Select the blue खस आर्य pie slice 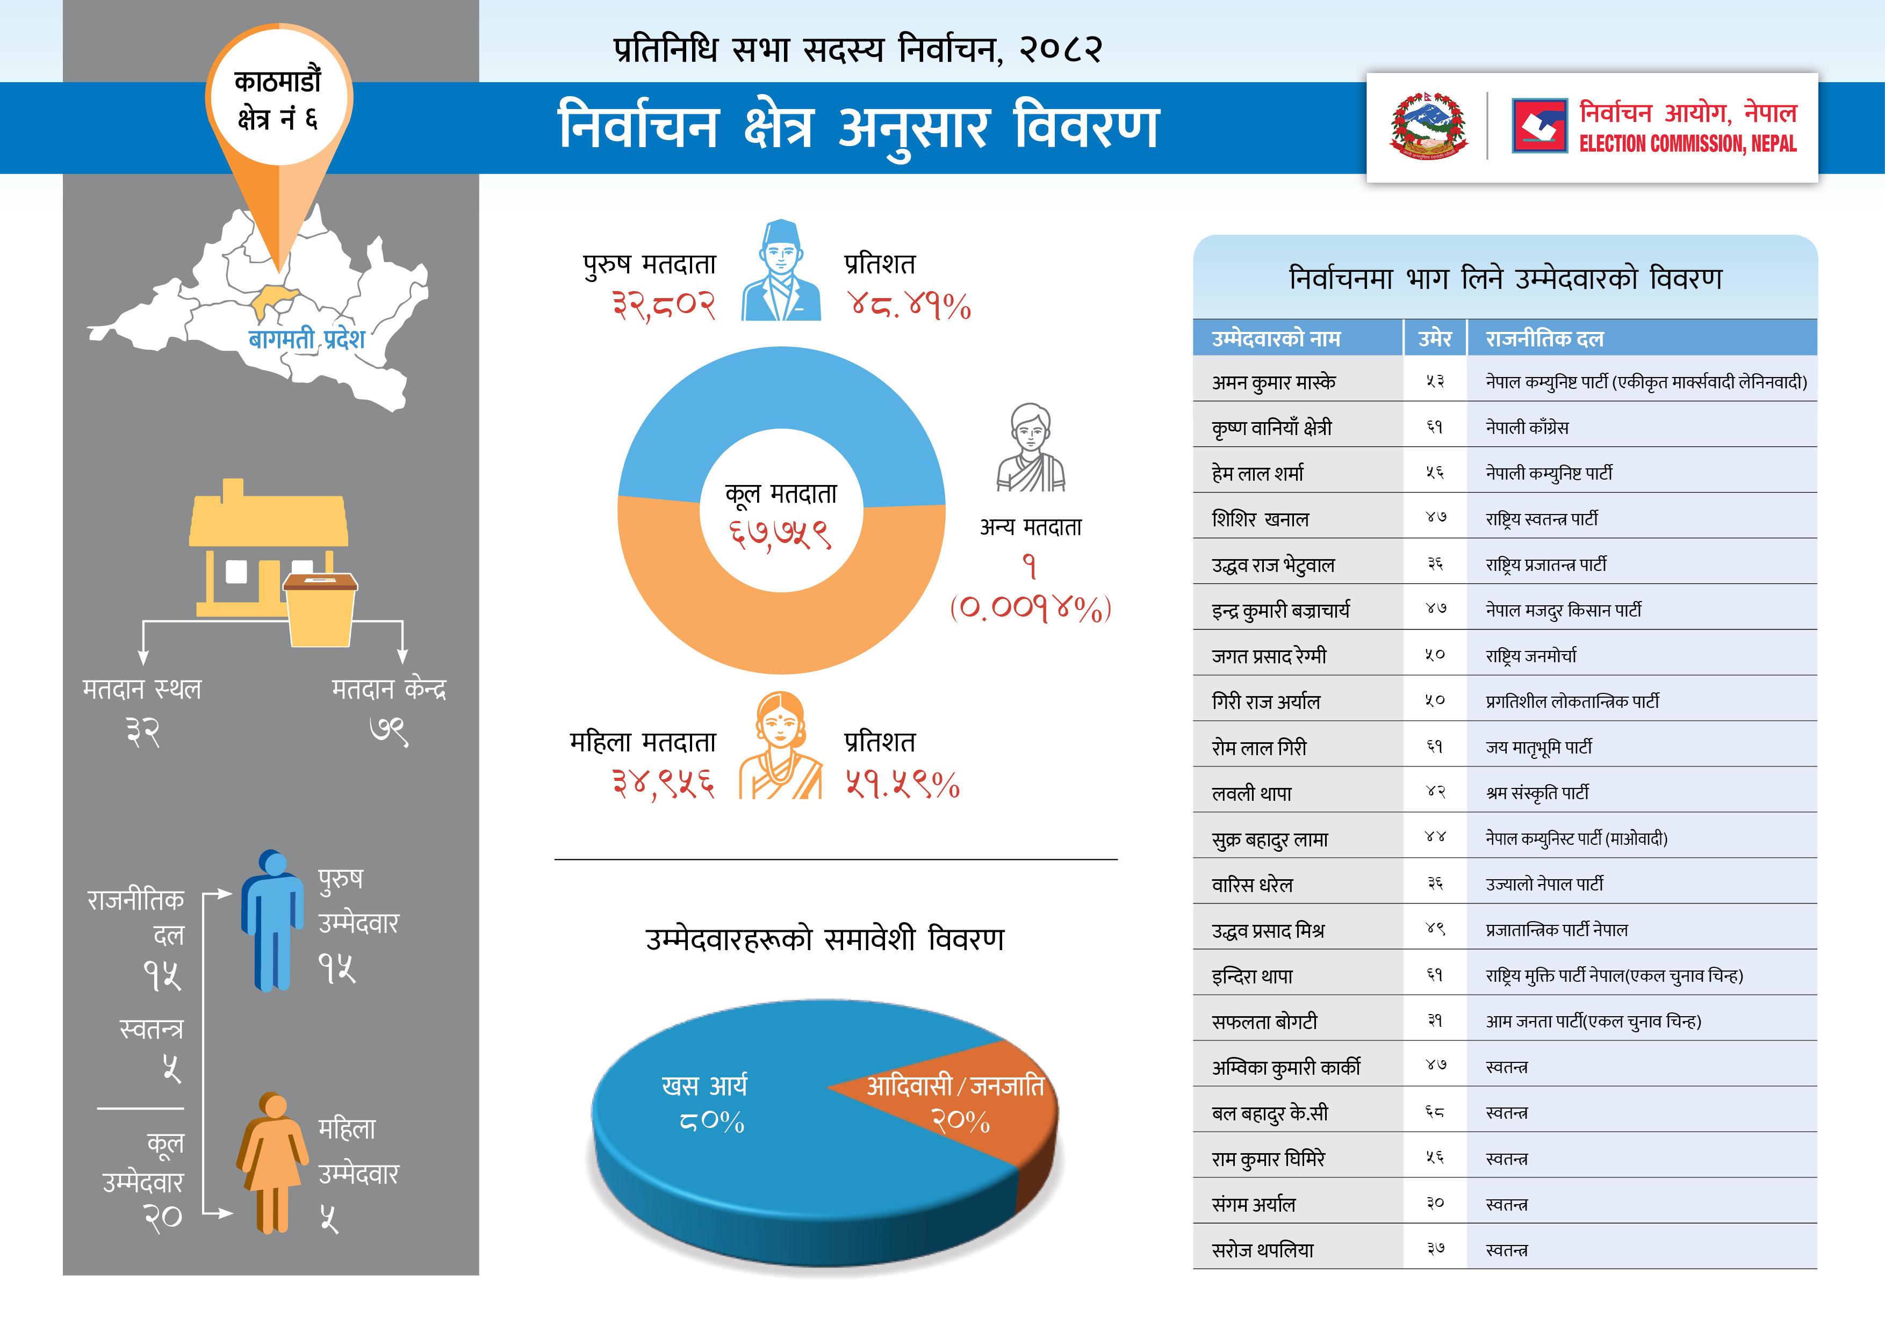click(739, 1149)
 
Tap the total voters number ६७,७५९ click(781, 535)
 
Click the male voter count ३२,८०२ click(664, 305)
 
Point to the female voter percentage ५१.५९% click(902, 785)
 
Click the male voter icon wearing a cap click(781, 271)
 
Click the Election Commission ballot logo click(1539, 126)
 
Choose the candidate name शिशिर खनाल click(1260, 519)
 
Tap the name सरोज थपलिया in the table click(1263, 1250)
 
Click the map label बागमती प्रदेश click(306, 339)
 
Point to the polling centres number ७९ click(388, 730)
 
